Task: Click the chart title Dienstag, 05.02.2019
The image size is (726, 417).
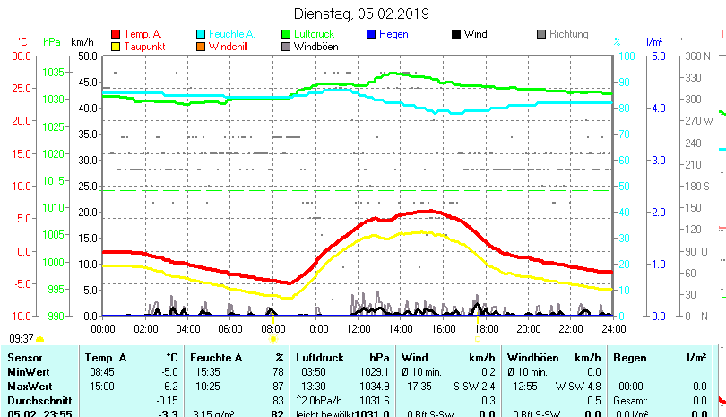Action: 361,13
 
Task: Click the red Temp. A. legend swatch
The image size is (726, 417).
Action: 115,34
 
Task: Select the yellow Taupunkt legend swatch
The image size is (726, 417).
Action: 115,46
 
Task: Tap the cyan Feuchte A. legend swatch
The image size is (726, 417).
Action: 202,34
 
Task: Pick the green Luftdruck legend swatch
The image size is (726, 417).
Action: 287,34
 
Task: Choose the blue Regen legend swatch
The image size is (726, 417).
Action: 372,34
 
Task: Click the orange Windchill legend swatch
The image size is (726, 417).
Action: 202,46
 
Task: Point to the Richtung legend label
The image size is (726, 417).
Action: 569,34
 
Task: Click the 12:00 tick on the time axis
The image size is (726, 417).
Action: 358,328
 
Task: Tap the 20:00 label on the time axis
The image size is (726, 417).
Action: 528,328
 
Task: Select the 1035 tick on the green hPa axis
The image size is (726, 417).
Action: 53,72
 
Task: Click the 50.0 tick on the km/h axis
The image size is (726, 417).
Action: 87,56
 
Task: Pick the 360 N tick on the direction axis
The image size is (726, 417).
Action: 698,56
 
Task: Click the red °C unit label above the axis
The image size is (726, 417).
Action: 22,41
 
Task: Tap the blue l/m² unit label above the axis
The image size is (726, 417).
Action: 654,41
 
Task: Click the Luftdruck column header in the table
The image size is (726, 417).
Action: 319,357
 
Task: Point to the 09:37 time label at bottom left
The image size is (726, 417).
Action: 22,339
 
